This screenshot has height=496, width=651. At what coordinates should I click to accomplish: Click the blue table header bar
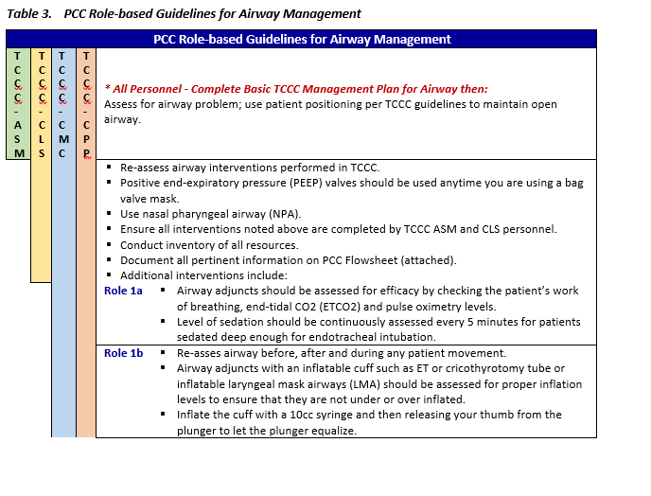(x=302, y=39)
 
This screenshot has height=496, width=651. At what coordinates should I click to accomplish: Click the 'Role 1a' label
(x=123, y=291)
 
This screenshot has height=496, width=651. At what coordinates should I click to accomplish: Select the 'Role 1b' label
(x=123, y=353)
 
